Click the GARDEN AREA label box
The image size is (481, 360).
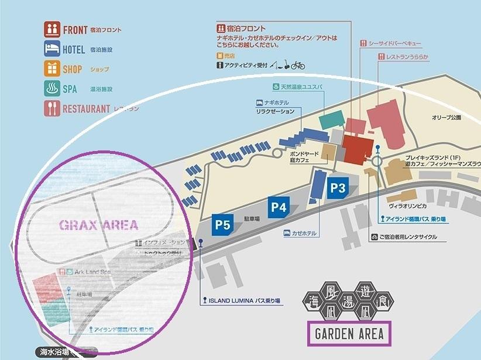tap(349, 334)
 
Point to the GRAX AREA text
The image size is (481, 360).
tap(99, 225)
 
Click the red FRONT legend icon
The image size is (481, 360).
tap(52, 29)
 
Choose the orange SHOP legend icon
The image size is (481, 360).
tap(52, 68)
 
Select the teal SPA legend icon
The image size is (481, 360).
tap(52, 88)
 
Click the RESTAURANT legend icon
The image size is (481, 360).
tap(52, 108)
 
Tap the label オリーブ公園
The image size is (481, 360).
tap(447, 118)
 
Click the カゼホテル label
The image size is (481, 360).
tap(304, 233)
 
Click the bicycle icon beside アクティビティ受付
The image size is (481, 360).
tap(298, 66)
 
